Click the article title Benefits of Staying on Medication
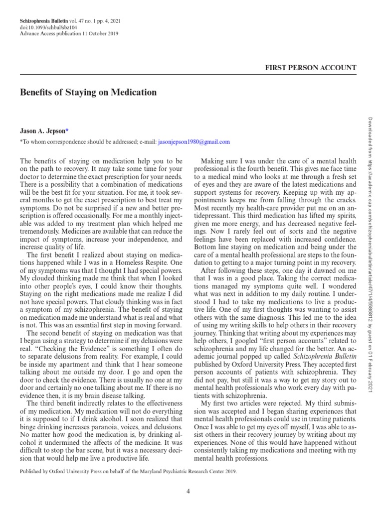88,93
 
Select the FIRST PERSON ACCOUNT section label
311,68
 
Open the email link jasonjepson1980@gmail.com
193,142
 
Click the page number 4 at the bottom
189,492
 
